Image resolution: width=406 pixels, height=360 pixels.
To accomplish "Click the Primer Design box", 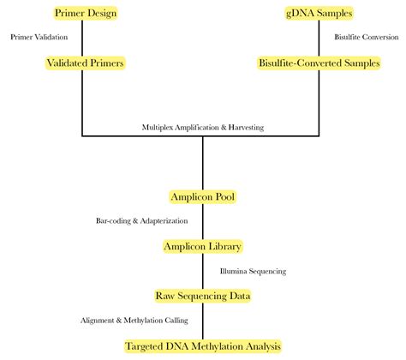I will (x=84, y=13).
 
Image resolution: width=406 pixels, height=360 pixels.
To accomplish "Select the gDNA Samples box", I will (x=319, y=13).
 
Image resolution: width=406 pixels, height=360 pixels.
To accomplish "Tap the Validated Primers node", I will (x=84, y=63).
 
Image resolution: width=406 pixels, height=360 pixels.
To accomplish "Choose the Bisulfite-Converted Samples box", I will (x=319, y=63).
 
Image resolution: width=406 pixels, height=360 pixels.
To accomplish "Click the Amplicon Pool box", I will (x=202, y=196).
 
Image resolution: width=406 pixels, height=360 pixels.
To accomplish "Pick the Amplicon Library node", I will (x=202, y=246).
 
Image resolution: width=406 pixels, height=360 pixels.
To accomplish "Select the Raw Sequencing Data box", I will (x=202, y=296).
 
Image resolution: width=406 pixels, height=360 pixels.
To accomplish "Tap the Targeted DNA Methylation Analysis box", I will (x=202, y=345).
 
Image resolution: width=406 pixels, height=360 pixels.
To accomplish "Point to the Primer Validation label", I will (x=39, y=38).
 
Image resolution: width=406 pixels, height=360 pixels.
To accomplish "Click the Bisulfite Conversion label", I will (x=365, y=38).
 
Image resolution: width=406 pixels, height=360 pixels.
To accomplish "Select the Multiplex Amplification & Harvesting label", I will (x=203, y=127).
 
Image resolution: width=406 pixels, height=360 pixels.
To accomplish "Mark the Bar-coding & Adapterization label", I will (x=141, y=221).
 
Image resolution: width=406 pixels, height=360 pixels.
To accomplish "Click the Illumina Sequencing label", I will (x=253, y=271).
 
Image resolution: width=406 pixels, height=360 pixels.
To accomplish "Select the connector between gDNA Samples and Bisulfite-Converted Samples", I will (x=319, y=38).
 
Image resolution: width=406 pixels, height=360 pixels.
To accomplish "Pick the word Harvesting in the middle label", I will (x=244, y=127).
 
